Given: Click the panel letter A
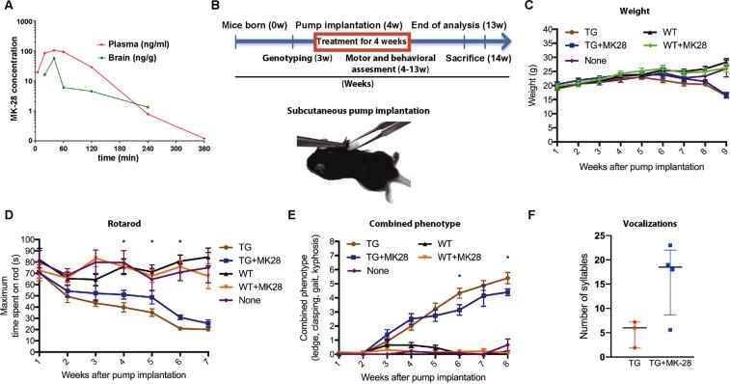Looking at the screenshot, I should (8, 9).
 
